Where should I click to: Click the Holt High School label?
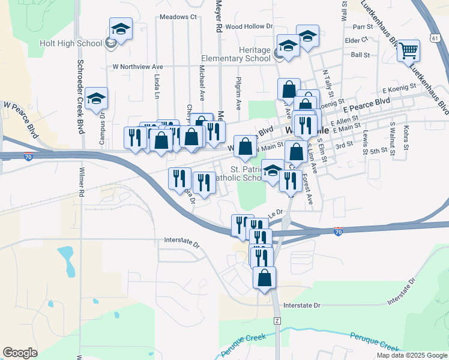coord(70,43)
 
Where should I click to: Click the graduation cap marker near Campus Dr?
coord(96,99)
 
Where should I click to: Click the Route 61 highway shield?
coord(434,38)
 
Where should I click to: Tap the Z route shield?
coord(277,321)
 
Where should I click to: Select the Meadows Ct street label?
coord(178,17)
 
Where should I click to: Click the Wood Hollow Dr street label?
coord(249,26)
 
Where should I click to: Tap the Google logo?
coord(20,353)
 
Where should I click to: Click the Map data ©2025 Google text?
coord(411,355)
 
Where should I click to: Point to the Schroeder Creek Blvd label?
coord(80,96)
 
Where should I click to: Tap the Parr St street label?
coord(363,27)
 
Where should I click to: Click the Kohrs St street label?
coord(406,138)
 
